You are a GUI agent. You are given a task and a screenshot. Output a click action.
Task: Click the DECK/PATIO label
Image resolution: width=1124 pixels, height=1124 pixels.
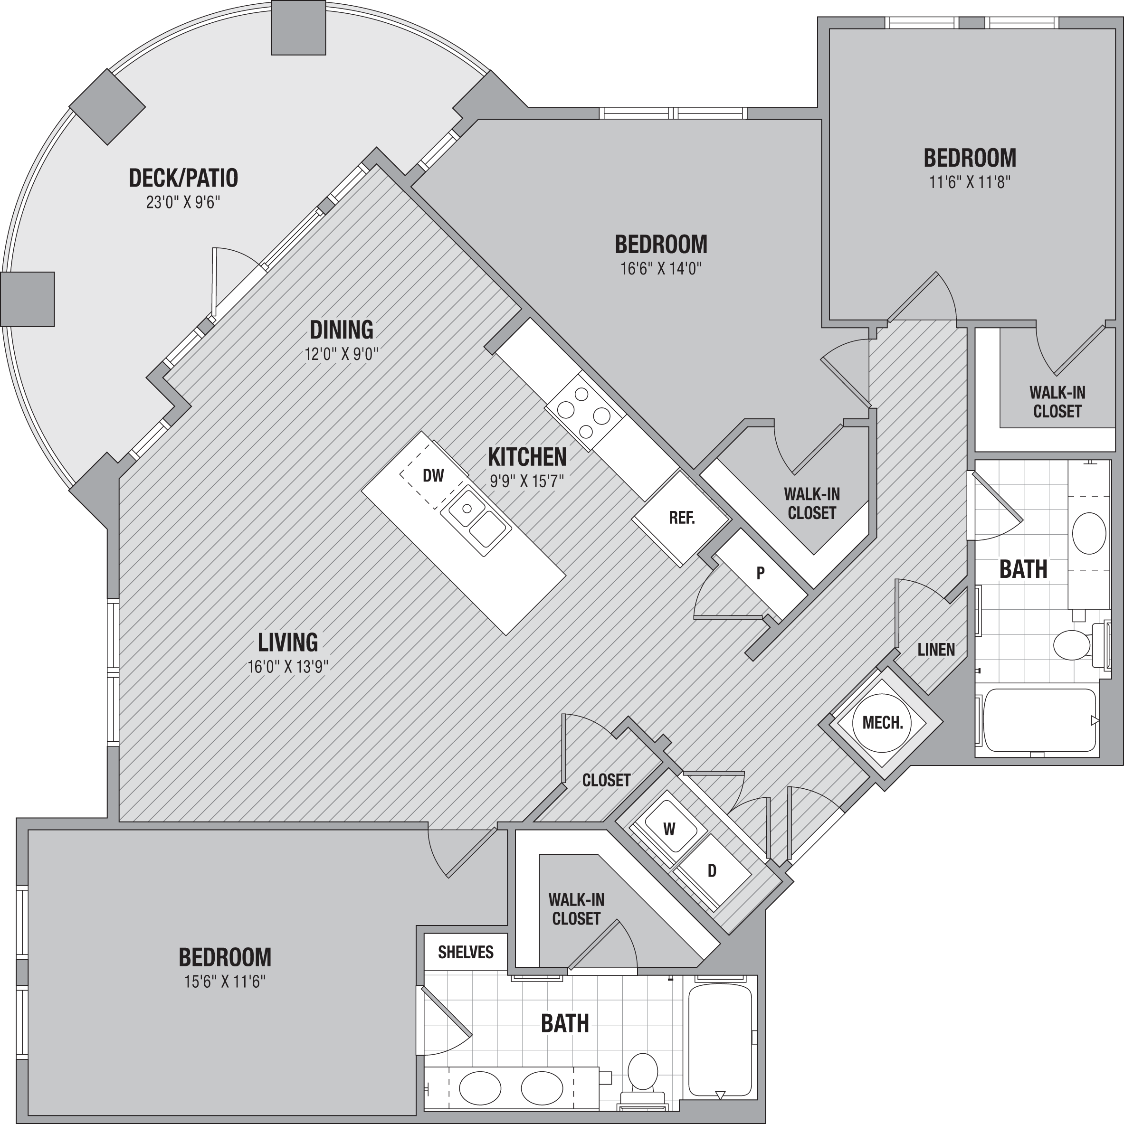click(183, 178)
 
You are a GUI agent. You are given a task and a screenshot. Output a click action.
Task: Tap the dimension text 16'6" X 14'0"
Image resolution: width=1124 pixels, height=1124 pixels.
click(661, 269)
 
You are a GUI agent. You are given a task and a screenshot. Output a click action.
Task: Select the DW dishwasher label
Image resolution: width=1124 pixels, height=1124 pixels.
click(433, 475)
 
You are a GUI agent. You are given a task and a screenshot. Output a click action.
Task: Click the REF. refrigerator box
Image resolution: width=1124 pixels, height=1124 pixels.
click(682, 518)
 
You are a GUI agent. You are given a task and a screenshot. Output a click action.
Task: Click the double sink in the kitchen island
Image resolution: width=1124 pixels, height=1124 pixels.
click(476, 519)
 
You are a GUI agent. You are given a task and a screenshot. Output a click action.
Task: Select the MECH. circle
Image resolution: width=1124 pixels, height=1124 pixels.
click(883, 723)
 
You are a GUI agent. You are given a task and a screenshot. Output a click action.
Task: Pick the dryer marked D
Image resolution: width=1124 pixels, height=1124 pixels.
click(711, 871)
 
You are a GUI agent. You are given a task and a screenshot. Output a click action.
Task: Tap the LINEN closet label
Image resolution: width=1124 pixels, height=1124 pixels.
click(936, 650)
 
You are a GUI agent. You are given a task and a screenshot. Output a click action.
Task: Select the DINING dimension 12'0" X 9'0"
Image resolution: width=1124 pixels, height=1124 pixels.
click(342, 354)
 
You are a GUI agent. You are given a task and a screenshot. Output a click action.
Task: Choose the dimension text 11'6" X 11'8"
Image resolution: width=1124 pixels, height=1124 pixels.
click(969, 182)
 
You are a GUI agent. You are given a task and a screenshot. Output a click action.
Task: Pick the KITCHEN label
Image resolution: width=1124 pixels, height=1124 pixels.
click(527, 457)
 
